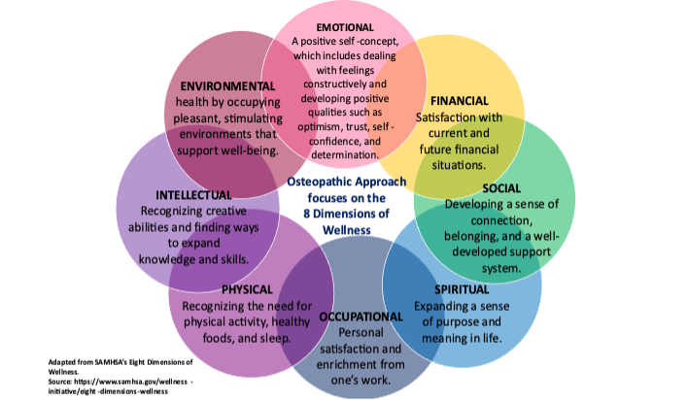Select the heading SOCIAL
pos(499,187)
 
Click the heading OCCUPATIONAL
pos(361,317)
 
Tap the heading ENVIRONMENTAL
pos(227,86)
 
